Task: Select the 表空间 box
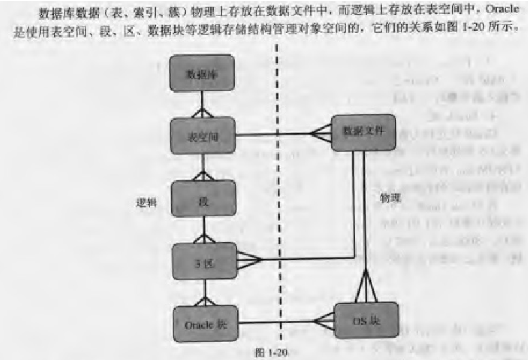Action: click(x=202, y=136)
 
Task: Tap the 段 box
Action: click(x=202, y=197)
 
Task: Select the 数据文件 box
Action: click(x=364, y=131)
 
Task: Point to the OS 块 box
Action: click(x=365, y=321)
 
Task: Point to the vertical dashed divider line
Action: click(x=280, y=196)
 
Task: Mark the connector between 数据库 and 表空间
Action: click(x=202, y=105)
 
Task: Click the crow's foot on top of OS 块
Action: click(x=365, y=291)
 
